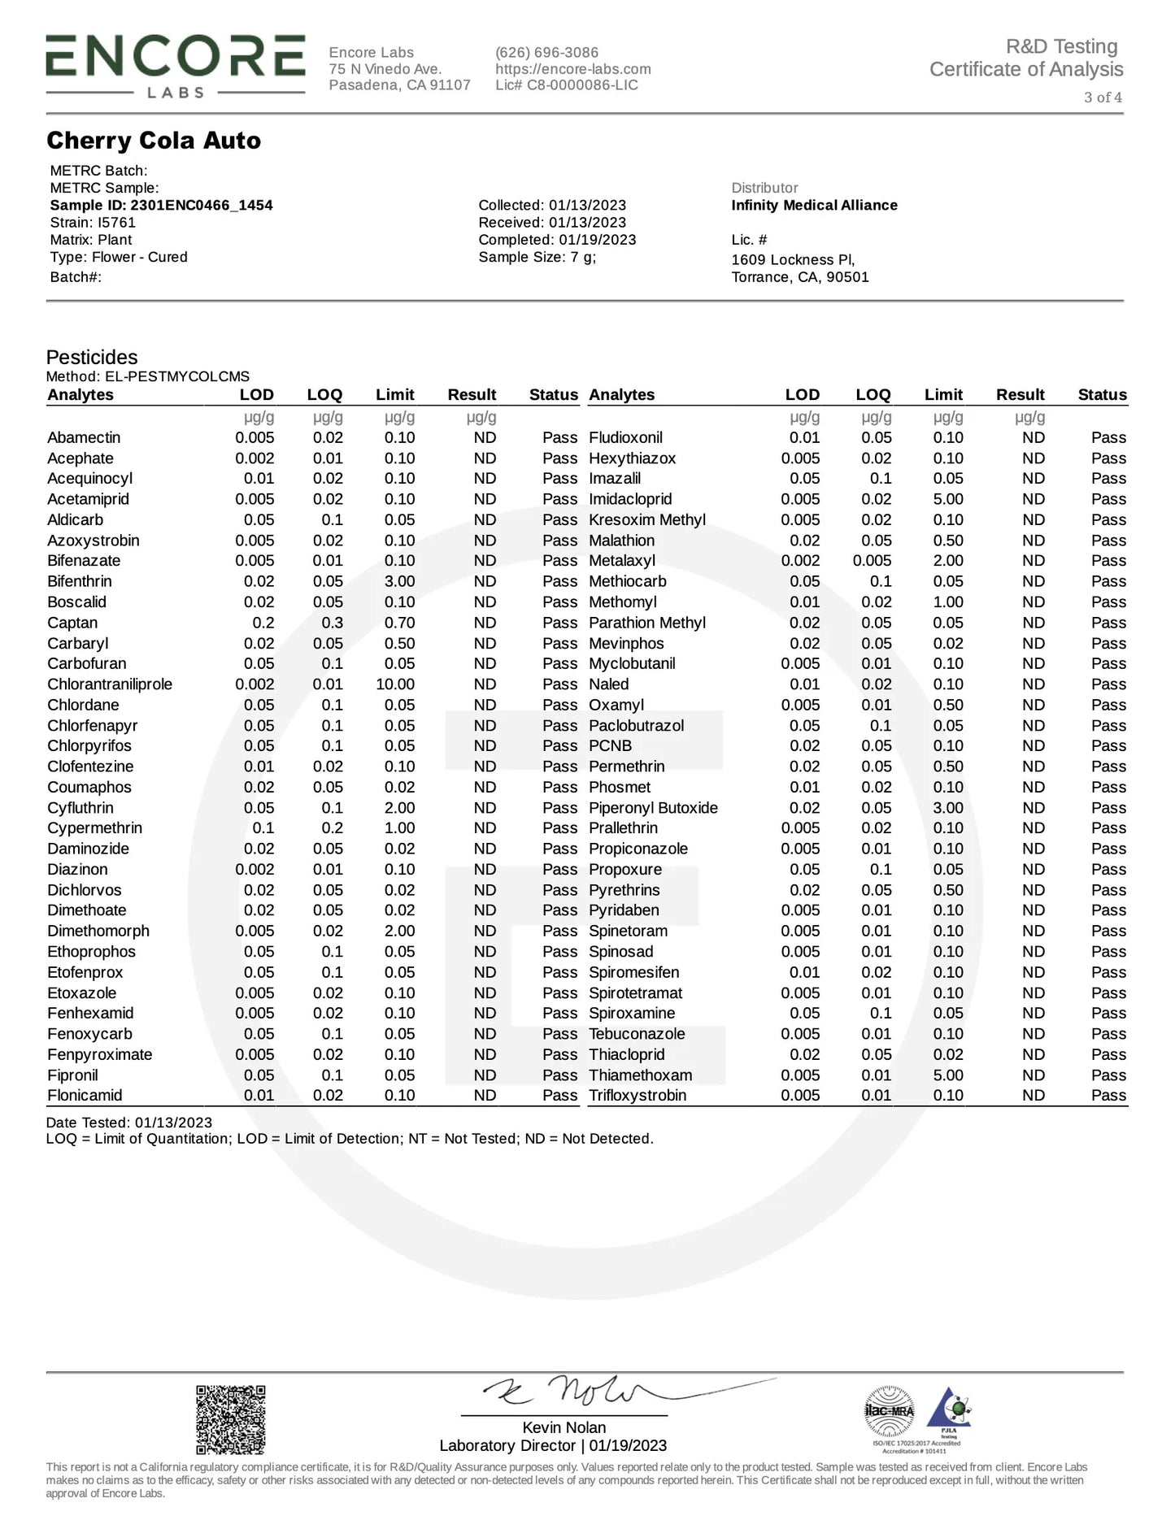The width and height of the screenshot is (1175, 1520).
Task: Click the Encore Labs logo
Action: point(175,66)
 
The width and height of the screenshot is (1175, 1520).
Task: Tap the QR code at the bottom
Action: point(231,1419)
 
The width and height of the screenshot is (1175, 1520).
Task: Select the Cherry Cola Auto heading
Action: point(154,141)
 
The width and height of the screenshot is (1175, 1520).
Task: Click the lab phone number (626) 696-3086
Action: point(546,52)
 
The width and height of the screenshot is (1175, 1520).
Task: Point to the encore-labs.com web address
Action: point(572,69)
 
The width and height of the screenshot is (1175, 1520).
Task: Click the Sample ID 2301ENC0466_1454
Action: point(161,205)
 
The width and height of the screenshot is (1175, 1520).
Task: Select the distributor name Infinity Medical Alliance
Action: point(814,205)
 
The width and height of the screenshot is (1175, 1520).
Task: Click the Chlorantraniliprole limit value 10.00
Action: point(395,684)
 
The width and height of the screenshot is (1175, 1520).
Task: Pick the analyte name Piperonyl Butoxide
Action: point(653,808)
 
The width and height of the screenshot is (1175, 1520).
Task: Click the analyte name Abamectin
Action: point(84,437)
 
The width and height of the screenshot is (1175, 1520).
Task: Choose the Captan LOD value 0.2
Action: point(263,623)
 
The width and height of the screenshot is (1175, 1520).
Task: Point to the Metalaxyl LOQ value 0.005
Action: point(872,561)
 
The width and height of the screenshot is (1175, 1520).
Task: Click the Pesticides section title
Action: point(92,357)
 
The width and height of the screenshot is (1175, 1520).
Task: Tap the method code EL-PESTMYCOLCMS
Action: point(177,376)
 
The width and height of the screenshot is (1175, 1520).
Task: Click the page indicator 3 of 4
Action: point(1103,98)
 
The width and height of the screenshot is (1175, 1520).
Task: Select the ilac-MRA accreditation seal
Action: point(889,1411)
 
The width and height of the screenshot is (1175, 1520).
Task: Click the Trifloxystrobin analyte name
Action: point(638,1096)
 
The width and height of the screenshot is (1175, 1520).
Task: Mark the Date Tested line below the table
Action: point(128,1123)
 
